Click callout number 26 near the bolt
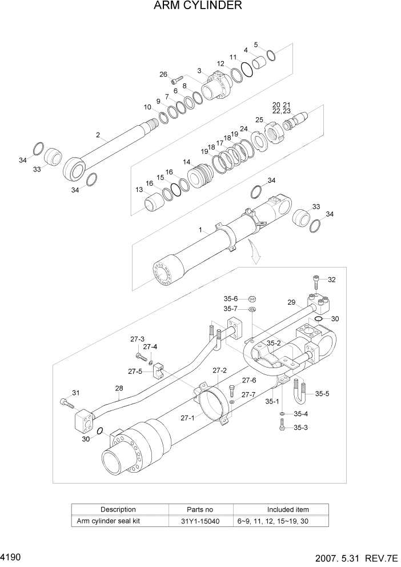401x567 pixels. pyautogui.click(x=163, y=74)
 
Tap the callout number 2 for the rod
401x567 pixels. pyautogui.click(x=98, y=135)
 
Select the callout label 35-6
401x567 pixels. pyautogui.click(x=230, y=298)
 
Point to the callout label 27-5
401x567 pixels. pyautogui.click(x=135, y=372)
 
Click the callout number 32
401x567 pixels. pyautogui.click(x=332, y=279)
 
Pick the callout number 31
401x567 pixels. pyautogui.click(x=75, y=393)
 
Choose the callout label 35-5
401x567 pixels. pyautogui.click(x=322, y=393)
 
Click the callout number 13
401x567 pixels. pyautogui.click(x=139, y=190)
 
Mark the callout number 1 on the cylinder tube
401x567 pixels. pyautogui.click(x=201, y=230)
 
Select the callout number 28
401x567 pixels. pyautogui.click(x=119, y=389)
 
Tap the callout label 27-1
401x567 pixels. pyautogui.click(x=189, y=417)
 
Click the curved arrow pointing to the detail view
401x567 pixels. pyautogui.click(x=254, y=252)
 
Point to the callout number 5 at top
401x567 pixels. pyautogui.click(x=255, y=44)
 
